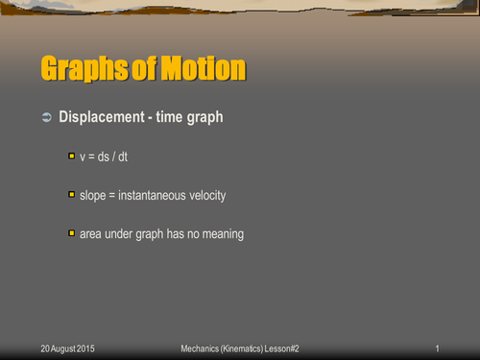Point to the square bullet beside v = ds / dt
[x=71, y=156]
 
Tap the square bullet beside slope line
[x=71, y=195]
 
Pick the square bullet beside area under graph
[x=71, y=233]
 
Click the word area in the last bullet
[x=91, y=234]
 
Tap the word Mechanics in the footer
[x=203, y=347]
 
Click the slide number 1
[x=436, y=347]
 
